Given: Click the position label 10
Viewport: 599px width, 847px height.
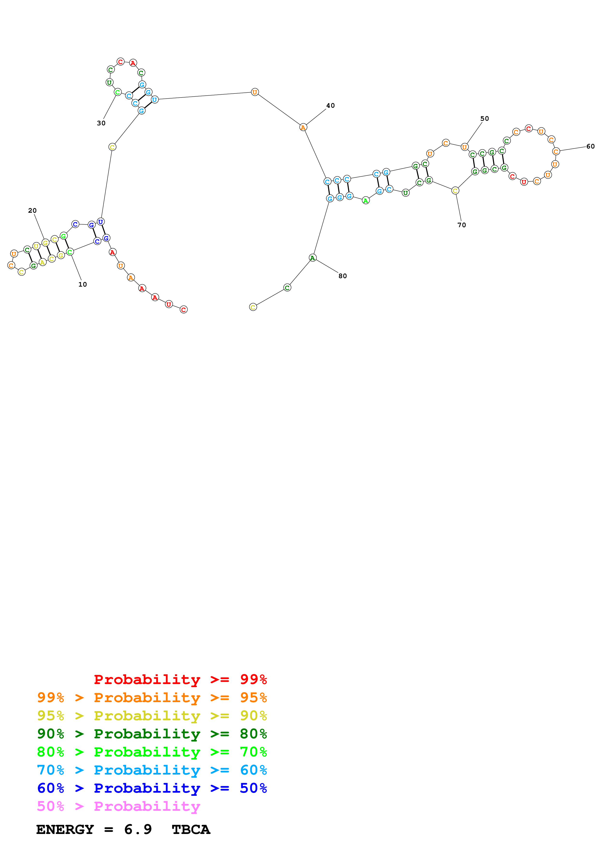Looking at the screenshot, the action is pos(82,284).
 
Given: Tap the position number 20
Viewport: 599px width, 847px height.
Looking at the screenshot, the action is pos(32,211).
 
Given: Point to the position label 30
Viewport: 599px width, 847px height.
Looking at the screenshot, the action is pos(101,123).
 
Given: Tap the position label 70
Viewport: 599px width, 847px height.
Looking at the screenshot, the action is pos(462,225).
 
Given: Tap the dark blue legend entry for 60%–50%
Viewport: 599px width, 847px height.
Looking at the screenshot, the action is pos(152,788).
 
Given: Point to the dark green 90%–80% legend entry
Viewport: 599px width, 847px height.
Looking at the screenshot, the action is pos(152,734).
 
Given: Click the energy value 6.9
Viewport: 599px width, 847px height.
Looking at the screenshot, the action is pos(138,829).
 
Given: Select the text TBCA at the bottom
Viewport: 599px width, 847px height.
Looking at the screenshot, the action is pos(191,829).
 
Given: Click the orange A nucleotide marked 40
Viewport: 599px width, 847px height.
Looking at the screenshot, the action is pos(303,127).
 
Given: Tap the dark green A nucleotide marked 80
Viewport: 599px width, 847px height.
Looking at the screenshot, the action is pos(313,258).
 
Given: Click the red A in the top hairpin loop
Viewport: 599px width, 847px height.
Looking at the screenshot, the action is pos(133,63).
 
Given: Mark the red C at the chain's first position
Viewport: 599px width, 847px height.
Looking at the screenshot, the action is pos(183,310).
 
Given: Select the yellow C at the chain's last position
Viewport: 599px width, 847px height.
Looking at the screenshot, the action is pos(253,307).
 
